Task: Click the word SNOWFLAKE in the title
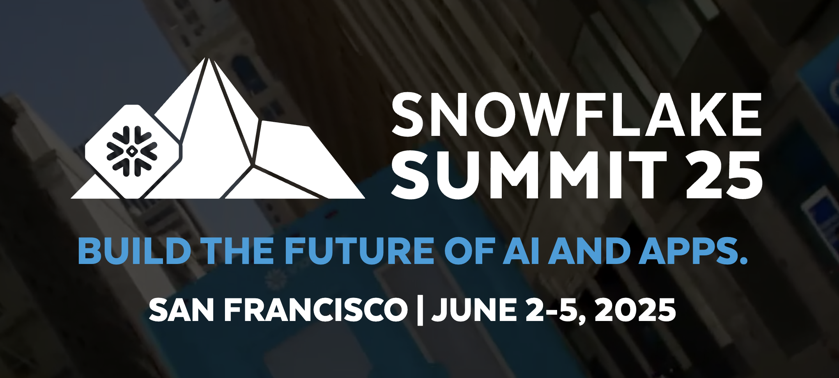(x=577, y=114)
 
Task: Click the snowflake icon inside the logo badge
(x=132, y=151)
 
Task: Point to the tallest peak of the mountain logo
(x=209, y=59)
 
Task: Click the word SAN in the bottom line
(x=181, y=310)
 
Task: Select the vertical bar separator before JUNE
(x=420, y=311)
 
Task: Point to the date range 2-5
(x=556, y=310)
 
